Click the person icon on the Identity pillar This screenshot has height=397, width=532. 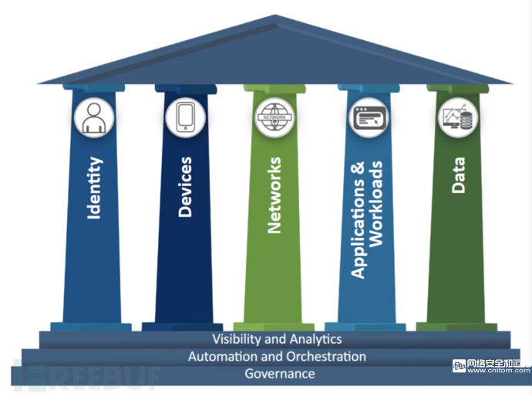(x=94, y=117)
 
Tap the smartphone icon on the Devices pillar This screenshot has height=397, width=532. (x=185, y=117)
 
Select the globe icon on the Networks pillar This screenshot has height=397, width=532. (x=274, y=117)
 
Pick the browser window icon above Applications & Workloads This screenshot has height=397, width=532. (x=369, y=117)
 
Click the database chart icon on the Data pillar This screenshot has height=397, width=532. (x=459, y=117)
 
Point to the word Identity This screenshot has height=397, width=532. (x=95, y=188)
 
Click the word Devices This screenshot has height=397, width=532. (x=185, y=187)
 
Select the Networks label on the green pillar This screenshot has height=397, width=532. (x=274, y=195)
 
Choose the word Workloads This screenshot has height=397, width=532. (x=376, y=204)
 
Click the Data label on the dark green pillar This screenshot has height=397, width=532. (x=459, y=175)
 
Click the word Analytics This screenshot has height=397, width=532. (x=316, y=339)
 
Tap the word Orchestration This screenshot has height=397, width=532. (x=326, y=356)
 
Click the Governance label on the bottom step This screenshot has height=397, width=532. (x=280, y=374)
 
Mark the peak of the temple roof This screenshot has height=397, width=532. (x=275, y=15)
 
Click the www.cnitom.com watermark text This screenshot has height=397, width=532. (x=498, y=371)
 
